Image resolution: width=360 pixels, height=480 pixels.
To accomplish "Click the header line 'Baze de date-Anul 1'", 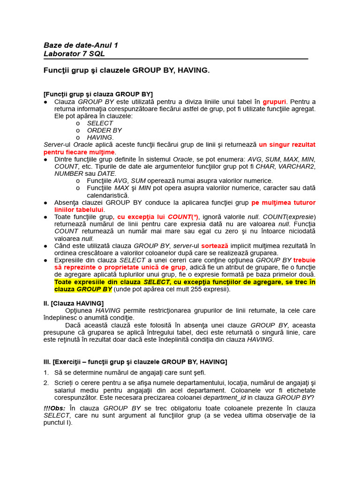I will [x=81, y=45].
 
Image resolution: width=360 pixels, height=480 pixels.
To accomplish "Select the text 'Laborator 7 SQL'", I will [x=74, y=54].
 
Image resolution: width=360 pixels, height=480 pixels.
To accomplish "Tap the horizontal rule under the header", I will [x=176, y=59].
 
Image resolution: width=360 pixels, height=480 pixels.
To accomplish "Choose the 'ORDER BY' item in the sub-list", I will [x=104, y=130].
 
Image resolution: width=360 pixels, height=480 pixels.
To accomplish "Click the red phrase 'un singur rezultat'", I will [x=287, y=145].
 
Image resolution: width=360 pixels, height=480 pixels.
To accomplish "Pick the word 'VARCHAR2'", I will [x=300, y=166].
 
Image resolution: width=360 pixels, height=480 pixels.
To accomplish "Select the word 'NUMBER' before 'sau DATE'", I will [x=69, y=173].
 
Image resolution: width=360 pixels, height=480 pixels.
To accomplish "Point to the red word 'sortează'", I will [x=215, y=246].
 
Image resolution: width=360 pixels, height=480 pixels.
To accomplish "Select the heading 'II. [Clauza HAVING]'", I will [x=74, y=303].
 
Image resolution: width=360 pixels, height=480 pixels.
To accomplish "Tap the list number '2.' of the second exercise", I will [x=46, y=383].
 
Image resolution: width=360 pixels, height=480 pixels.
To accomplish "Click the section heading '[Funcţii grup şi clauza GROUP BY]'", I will [x=98, y=94].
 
